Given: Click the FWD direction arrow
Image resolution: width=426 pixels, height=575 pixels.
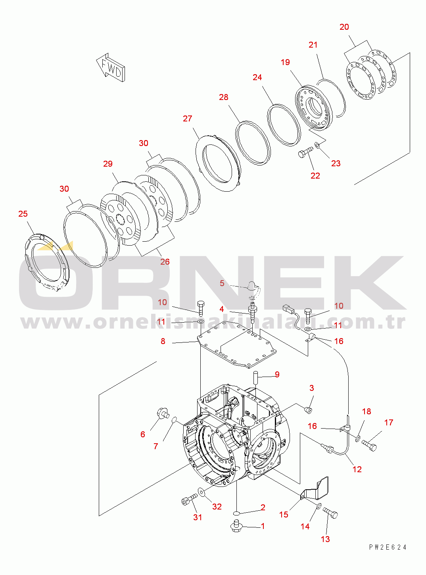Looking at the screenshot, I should pyautogui.click(x=111, y=68).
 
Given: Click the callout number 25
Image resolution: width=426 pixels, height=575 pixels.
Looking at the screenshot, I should pyautogui.click(x=23, y=214).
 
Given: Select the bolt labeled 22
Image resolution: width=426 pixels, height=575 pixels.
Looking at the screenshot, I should pyautogui.click(x=305, y=153).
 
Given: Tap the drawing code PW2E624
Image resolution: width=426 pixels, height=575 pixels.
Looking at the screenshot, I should pyautogui.click(x=388, y=547).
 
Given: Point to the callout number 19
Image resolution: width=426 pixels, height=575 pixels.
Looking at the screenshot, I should pyautogui.click(x=285, y=62).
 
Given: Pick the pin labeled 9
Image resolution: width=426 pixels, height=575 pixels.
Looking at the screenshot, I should pyautogui.click(x=256, y=376).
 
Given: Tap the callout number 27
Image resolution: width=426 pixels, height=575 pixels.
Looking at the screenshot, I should pyautogui.click(x=187, y=119).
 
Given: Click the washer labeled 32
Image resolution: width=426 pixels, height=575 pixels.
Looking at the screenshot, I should pyautogui.click(x=201, y=492).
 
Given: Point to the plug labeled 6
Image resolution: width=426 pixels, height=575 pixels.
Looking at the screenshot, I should pyautogui.click(x=162, y=413).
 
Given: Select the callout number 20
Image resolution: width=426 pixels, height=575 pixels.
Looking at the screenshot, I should pyautogui.click(x=344, y=27).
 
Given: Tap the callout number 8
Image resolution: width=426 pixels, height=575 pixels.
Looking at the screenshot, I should pyautogui.click(x=163, y=341).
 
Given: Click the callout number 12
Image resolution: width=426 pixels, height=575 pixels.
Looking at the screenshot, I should pyautogui.click(x=357, y=469).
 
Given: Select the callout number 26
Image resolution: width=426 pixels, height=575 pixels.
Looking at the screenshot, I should pyautogui.click(x=165, y=262).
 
